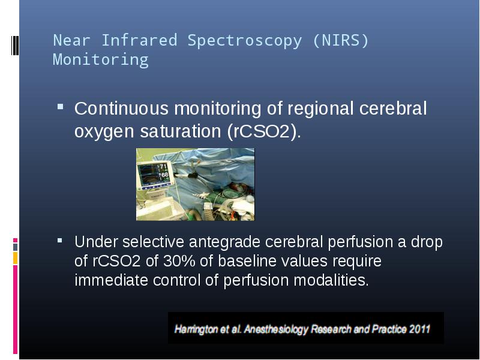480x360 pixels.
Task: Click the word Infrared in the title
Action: pos(139,40)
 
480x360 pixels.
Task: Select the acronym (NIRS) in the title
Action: pos(341,40)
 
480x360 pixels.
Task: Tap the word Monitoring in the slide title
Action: pos(101,59)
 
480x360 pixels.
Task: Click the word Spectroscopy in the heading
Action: pos(245,41)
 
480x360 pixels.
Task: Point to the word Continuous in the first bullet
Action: pos(122,109)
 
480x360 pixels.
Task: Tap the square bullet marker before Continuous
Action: pos(61,107)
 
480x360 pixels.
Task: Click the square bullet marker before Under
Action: pos(59,241)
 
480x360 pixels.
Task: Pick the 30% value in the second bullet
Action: pos(179,261)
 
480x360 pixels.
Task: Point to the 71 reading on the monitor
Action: pos(163,167)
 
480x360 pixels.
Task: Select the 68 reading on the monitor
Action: pos(164,175)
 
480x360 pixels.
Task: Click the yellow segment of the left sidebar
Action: pos(16,258)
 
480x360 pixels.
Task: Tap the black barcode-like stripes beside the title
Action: pos(15,46)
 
